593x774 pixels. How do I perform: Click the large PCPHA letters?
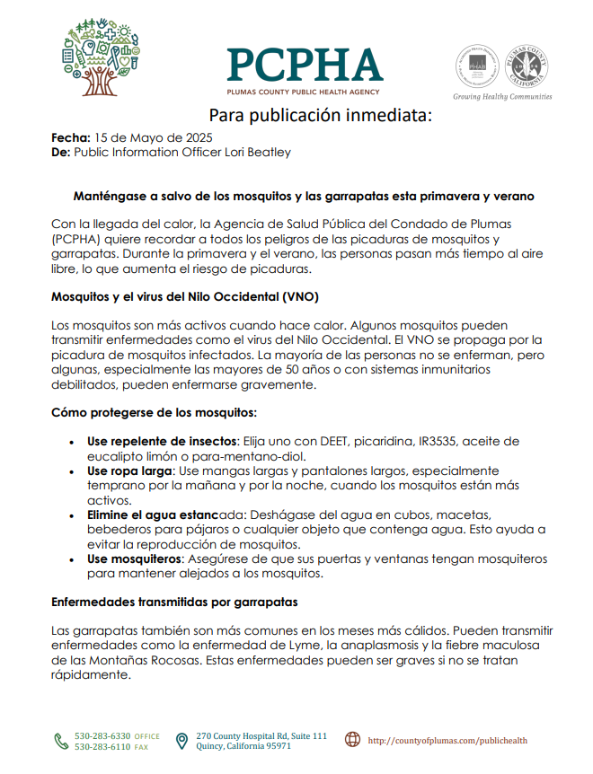(x=305, y=65)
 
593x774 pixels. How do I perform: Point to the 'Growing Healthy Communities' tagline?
(x=502, y=97)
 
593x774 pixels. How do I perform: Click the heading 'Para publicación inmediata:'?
(x=321, y=116)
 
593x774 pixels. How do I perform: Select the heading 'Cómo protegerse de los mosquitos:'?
(x=155, y=413)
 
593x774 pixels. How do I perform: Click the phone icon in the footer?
(x=61, y=741)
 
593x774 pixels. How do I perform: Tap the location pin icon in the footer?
(x=181, y=741)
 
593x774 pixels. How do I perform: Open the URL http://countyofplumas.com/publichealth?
(x=447, y=741)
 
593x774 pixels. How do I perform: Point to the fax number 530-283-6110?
(x=102, y=747)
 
